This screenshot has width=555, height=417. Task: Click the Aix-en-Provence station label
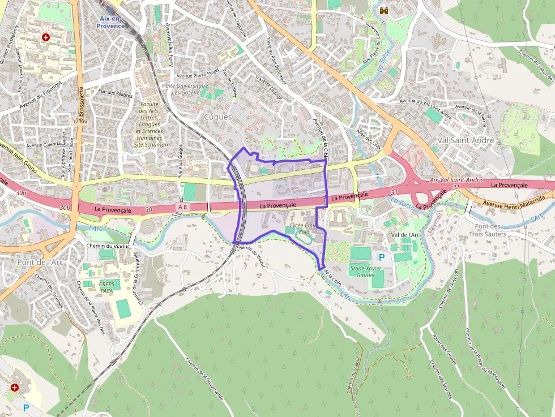pyautogui.click(x=112, y=22)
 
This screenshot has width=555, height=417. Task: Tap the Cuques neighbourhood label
pyautogui.click(x=218, y=117)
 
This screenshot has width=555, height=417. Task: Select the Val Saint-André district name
pyautogui.click(x=466, y=140)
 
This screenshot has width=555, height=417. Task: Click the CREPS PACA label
pyautogui.click(x=106, y=287)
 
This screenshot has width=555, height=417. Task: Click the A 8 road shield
pyautogui.click(x=182, y=207)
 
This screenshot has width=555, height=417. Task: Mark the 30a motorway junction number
pyautogui.click(x=22, y=193)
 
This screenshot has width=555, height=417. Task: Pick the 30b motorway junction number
pyautogui.click(x=66, y=208)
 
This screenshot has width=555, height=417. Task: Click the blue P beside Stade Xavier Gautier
pyautogui.click(x=381, y=257)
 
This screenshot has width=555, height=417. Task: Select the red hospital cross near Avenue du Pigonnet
pyautogui.click(x=46, y=37)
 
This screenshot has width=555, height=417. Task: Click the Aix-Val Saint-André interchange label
pyautogui.click(x=456, y=179)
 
